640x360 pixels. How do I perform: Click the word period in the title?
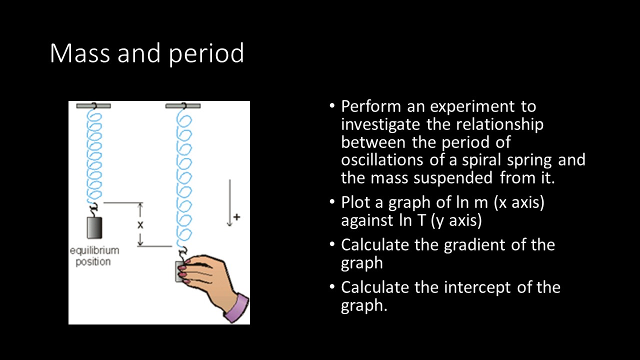[206, 54]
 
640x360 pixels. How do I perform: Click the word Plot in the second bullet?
[354, 202]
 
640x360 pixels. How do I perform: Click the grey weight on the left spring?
[94, 227]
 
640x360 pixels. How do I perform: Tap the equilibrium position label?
[94, 256]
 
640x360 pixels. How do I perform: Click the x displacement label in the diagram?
[140, 224]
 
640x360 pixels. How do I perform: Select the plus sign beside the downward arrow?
[236, 217]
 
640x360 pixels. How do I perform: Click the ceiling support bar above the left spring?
[93, 105]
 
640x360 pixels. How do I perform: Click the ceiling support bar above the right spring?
[183, 105]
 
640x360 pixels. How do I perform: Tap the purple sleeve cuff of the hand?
[237, 308]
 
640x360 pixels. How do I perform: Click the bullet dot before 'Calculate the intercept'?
[332, 287]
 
